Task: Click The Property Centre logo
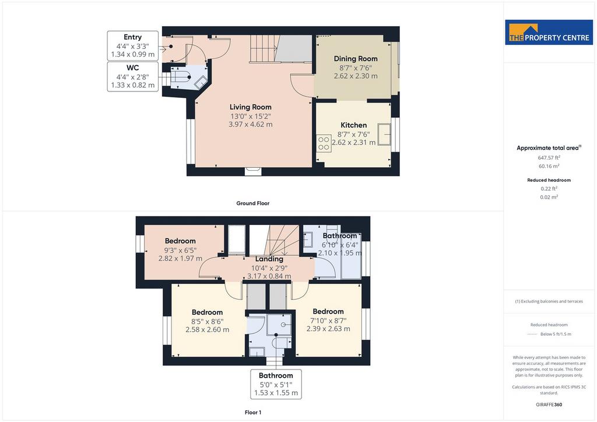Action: point(549,32)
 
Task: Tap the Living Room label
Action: point(251,107)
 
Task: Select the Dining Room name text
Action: point(356,59)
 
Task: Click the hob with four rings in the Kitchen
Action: point(324,143)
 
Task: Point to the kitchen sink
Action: point(384,134)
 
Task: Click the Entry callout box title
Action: point(132,37)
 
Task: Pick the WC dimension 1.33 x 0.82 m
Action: point(132,85)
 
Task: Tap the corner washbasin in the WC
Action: point(201,83)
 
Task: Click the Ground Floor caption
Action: point(253,203)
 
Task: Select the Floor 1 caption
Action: point(253,413)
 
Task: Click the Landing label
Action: point(269,259)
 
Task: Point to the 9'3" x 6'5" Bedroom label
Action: point(180,241)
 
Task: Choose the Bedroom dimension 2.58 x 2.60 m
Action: point(208,329)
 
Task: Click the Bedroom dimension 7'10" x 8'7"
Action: point(328,321)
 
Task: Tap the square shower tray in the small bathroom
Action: point(279,324)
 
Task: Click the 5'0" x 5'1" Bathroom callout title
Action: point(276,375)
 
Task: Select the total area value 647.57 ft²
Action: point(549,157)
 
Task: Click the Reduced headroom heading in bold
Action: point(549,180)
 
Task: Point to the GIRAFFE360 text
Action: point(549,405)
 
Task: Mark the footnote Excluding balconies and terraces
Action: point(549,301)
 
